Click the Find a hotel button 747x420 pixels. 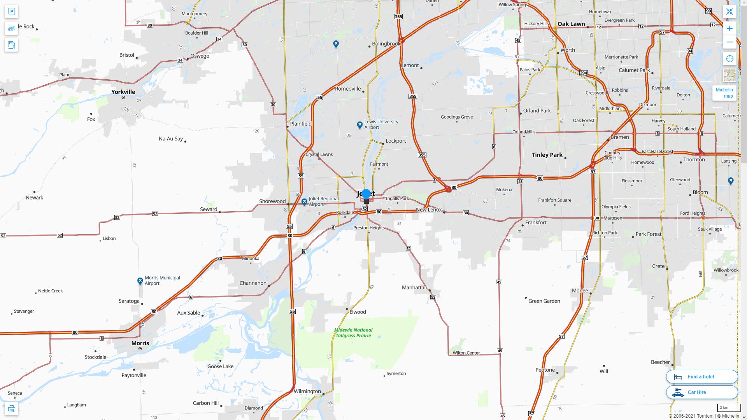(701, 376)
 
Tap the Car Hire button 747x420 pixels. (701, 392)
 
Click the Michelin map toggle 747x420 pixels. (724, 93)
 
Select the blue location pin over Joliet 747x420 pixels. (366, 194)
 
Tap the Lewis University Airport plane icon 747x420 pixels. (360, 125)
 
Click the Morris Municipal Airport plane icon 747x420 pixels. (140, 281)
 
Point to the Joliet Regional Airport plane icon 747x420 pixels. (304, 202)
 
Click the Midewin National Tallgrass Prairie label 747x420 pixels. (353, 332)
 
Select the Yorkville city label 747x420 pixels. (123, 92)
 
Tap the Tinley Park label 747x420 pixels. (547, 155)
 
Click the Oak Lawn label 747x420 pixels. (571, 24)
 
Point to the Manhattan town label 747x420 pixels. (414, 287)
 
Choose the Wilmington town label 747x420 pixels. (307, 391)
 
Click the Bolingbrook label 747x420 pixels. (386, 44)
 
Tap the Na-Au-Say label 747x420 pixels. (171, 138)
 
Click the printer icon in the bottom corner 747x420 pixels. (11, 409)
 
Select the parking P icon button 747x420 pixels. (11, 12)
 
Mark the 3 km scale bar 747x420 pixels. (728, 408)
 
